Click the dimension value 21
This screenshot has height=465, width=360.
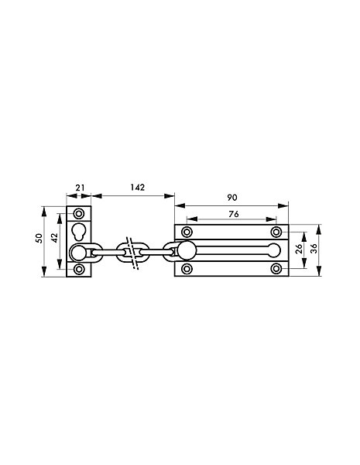(x=80, y=188)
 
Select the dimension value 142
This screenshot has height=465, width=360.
(x=138, y=188)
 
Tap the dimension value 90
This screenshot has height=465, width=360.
(x=232, y=198)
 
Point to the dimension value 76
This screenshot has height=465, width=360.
(x=234, y=214)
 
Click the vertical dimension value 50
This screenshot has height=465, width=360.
(x=39, y=238)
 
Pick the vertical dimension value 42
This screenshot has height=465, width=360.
(x=55, y=238)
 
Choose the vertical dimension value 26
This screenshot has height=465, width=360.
(x=299, y=249)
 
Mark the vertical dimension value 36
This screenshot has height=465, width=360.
(x=314, y=248)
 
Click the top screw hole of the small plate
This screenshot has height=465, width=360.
(x=79, y=214)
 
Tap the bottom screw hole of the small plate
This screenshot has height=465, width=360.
(x=79, y=269)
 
